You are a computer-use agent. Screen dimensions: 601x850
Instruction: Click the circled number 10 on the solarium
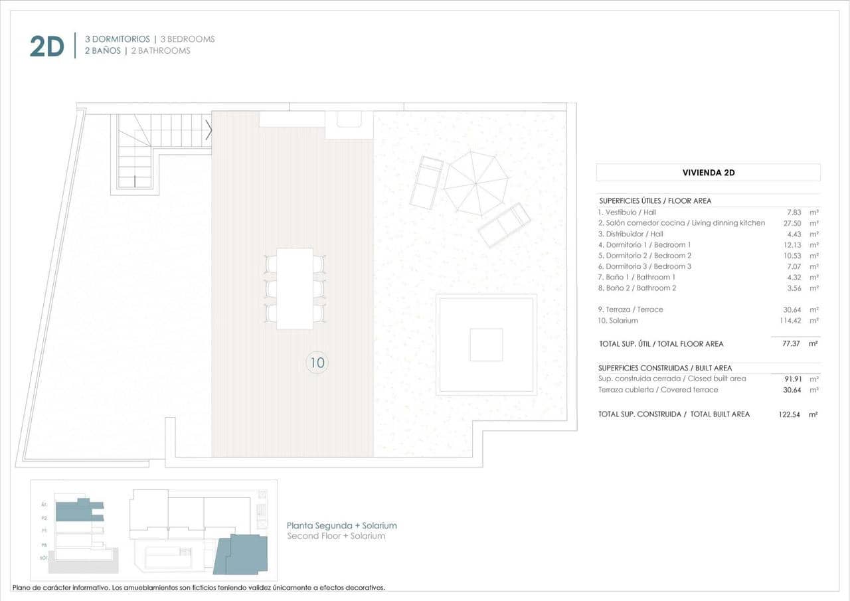[x=317, y=363]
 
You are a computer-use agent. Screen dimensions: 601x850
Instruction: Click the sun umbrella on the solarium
[x=475, y=183]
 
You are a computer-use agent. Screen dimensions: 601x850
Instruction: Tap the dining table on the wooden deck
[x=294, y=288]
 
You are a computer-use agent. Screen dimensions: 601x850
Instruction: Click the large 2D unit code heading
[x=46, y=46]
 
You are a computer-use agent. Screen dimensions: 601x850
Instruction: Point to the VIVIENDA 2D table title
[x=708, y=173]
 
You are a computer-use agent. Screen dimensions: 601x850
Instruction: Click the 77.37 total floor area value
[x=792, y=344]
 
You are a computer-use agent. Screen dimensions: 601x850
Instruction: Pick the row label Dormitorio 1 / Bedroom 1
[x=644, y=245]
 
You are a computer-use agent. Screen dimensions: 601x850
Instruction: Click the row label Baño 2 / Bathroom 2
[x=637, y=288]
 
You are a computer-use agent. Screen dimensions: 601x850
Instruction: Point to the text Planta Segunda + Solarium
[x=341, y=525]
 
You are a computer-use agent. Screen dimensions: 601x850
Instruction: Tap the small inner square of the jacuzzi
[x=486, y=345]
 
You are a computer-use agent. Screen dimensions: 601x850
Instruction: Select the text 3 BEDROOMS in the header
[x=187, y=39]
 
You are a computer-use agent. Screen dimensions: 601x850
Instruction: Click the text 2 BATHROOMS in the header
[x=161, y=51]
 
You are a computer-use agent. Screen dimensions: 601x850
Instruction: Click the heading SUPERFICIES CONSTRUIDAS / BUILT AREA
[x=665, y=368]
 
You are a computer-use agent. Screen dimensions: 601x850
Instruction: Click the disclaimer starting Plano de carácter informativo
[x=199, y=588]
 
